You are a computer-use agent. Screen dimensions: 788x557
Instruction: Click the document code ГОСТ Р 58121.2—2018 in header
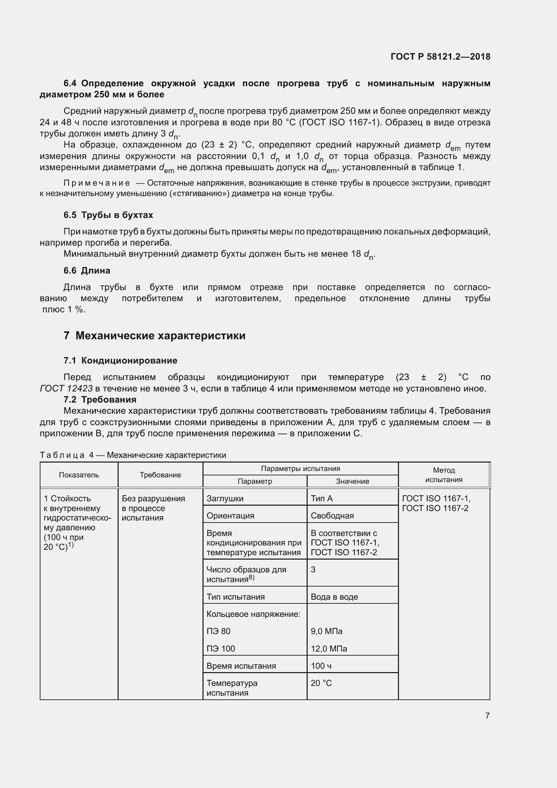coord(440,57)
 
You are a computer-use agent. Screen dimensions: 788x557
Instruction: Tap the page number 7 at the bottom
coord(487,716)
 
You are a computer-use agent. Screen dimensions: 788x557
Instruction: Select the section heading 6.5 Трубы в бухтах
coord(108,215)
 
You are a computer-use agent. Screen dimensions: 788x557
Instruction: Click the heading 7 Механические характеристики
coord(154,336)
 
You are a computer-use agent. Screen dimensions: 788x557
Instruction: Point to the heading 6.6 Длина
coord(87,271)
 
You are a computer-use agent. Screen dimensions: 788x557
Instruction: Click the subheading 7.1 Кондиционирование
coord(120,361)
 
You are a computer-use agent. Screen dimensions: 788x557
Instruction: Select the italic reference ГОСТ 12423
coord(66,388)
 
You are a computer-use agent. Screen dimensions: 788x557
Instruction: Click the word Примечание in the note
coord(97,183)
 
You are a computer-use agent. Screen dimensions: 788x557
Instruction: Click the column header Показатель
coord(79,475)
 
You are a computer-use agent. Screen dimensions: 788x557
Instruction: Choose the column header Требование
coord(160,475)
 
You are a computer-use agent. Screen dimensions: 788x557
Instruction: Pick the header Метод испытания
coord(444,475)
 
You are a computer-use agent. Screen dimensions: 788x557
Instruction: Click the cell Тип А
coord(321,499)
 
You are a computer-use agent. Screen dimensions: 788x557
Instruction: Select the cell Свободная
coord(332,516)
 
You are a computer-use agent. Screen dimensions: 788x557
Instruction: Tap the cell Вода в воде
coord(334,597)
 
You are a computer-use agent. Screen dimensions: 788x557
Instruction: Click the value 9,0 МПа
coord(327,631)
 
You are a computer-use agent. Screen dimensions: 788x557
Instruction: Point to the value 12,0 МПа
coord(329,649)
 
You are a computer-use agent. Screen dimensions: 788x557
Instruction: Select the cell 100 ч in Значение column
coord(321,666)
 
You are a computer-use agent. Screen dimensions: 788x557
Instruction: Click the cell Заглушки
coord(225,499)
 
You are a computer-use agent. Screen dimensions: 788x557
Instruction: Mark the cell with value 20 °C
coord(321,683)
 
